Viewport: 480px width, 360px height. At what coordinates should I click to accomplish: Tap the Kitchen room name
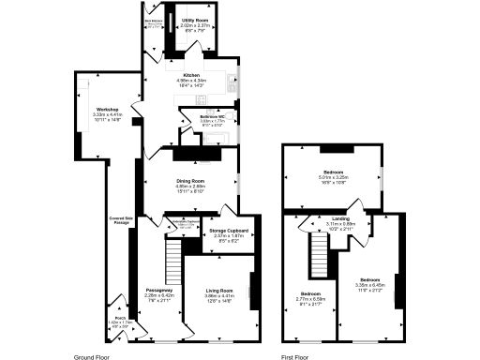(x=191, y=74)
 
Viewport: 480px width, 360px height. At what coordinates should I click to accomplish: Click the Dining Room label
(x=190, y=180)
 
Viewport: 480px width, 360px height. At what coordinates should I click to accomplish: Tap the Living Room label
(x=219, y=291)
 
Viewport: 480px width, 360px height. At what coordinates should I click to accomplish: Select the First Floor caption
(x=295, y=356)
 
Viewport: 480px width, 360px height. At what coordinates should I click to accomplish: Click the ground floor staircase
(x=172, y=256)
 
